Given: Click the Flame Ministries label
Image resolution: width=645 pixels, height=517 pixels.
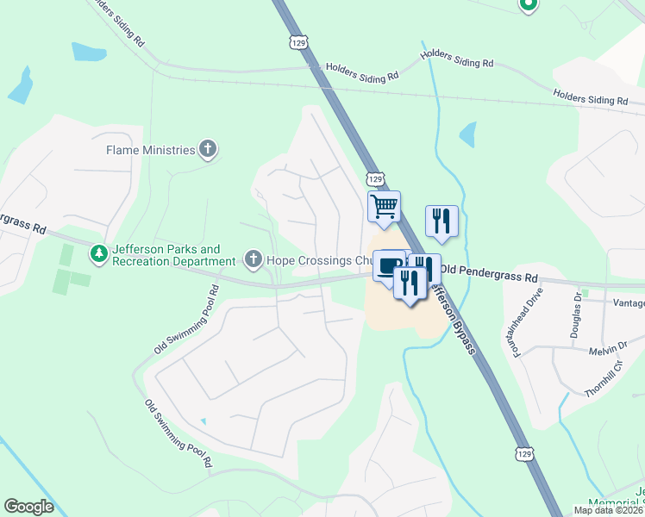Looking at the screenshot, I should [x=151, y=150].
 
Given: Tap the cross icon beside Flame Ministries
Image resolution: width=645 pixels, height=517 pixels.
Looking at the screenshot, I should [x=207, y=150].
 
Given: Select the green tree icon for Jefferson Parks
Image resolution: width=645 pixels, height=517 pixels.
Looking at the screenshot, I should [x=100, y=254].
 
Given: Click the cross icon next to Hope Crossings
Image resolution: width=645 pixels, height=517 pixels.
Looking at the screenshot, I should [x=254, y=258].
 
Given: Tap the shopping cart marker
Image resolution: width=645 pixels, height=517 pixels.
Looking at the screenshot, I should [x=384, y=207].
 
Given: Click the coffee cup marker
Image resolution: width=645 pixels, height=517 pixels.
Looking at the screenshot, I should [x=389, y=265].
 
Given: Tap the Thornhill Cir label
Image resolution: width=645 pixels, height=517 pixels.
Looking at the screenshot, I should [x=602, y=380].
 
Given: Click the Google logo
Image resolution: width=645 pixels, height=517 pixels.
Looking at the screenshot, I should [x=28, y=507].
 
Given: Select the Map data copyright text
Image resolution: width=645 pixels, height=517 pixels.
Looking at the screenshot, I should [x=609, y=510].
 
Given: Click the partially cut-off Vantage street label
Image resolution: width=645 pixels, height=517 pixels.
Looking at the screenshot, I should [x=628, y=302].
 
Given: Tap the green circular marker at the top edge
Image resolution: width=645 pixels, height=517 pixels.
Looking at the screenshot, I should [x=529, y=5].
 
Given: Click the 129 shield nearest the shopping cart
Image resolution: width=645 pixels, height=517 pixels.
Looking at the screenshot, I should [x=374, y=178].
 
